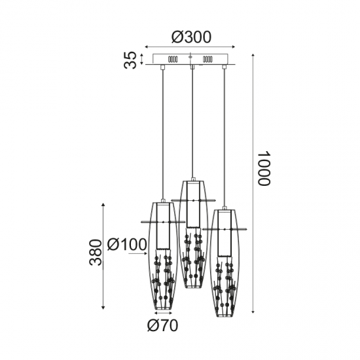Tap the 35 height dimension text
pyautogui.click(x=131, y=60)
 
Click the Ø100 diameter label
pyautogui.click(x=127, y=245)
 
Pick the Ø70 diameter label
pyautogui.click(x=162, y=325)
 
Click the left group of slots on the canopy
pyautogui.click(x=173, y=60)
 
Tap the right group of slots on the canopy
pyautogui.click(x=207, y=60)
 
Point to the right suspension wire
pyautogui.click(x=225, y=137)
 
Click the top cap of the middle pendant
pyautogui.click(x=192, y=179)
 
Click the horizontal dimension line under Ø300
pyautogui.click(x=190, y=48)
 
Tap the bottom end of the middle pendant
pyautogui.click(x=192, y=287)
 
